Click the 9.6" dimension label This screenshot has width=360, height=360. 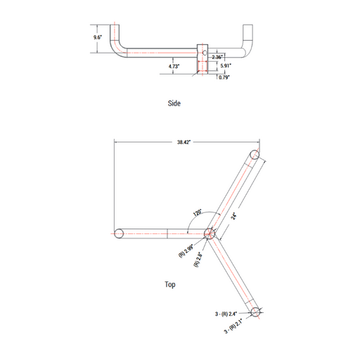click(98, 37)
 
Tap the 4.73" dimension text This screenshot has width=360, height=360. click(174, 66)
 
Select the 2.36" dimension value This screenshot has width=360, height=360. click(217, 57)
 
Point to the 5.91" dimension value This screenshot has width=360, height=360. click(226, 65)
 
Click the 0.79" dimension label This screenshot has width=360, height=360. click(224, 77)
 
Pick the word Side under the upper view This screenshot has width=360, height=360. click(174, 103)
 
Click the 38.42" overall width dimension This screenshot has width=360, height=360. click(184, 142)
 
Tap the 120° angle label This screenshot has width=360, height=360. click(197, 212)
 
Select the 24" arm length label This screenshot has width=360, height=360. click(233, 216)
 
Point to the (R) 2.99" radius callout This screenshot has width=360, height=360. click(186, 251)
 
